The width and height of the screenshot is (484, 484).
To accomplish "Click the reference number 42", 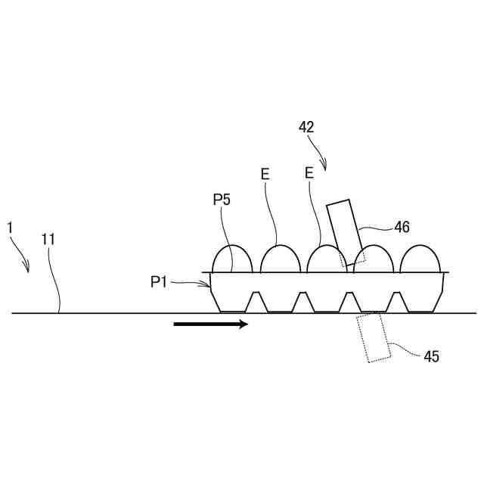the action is [x=306, y=127].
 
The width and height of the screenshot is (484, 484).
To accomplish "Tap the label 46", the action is [x=402, y=225].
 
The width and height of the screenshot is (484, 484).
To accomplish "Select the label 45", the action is [x=432, y=355].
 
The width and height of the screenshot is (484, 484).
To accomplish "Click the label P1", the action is [x=158, y=282].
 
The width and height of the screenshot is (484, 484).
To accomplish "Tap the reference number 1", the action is [x=10, y=227].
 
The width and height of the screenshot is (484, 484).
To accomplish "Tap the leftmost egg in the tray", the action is [x=232, y=259].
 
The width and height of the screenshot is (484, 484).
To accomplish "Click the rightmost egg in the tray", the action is [x=420, y=259].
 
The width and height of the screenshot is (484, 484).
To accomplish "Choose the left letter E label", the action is [x=265, y=174].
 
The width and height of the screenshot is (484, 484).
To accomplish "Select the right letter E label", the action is [x=309, y=173].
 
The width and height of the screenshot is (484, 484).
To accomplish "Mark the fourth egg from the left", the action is [x=374, y=259].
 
